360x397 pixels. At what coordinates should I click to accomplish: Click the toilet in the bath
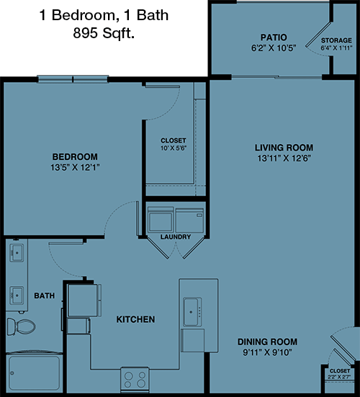pyautogui.click(x=22, y=326)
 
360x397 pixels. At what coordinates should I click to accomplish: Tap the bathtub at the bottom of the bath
pyautogui.click(x=34, y=373)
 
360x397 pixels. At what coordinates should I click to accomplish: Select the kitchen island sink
pyautogui.click(x=192, y=312)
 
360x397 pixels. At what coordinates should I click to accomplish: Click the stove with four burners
pyautogui.click(x=135, y=380)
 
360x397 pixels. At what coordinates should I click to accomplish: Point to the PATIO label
pyautogui.click(x=274, y=37)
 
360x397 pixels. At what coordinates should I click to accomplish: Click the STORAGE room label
pyautogui.click(x=336, y=40)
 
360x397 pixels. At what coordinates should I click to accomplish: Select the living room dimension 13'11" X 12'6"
pyautogui.click(x=284, y=159)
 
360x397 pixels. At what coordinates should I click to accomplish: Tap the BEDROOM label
pyautogui.click(x=75, y=157)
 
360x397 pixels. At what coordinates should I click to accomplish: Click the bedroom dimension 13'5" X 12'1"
pyautogui.click(x=75, y=167)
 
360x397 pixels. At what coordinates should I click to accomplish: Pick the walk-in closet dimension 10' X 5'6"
pyautogui.click(x=174, y=148)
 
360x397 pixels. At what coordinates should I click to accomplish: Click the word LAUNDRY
pyautogui.click(x=176, y=237)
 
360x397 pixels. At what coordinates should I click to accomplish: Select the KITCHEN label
pyautogui.click(x=135, y=319)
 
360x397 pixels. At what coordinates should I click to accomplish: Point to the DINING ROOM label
pyautogui.click(x=267, y=342)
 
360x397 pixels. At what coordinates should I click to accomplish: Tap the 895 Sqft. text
pyautogui.click(x=104, y=33)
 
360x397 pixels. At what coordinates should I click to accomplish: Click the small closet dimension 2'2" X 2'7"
pyautogui.click(x=339, y=377)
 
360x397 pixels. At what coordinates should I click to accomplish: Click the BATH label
pyautogui.click(x=44, y=295)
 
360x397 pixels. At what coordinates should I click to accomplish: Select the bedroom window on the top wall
pyautogui.click(x=73, y=79)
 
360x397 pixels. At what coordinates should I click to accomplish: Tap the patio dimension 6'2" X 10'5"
pyautogui.click(x=274, y=48)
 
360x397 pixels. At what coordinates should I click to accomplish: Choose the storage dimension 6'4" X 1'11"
pyautogui.click(x=336, y=48)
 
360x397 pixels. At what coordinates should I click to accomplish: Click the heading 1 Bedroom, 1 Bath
pyautogui.click(x=104, y=15)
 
